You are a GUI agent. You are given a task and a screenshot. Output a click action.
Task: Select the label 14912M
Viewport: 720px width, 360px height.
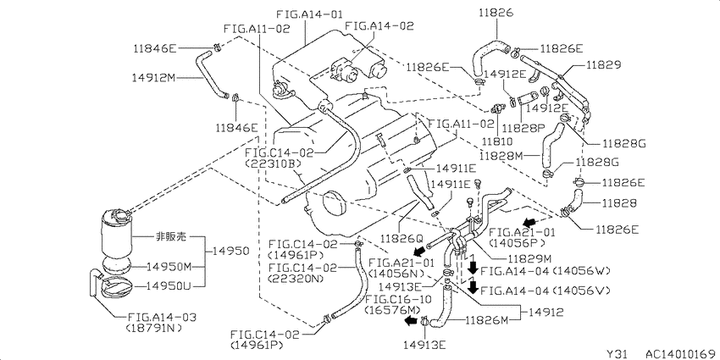(155, 78)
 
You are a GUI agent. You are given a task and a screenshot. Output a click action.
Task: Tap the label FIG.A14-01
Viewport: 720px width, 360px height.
(309, 14)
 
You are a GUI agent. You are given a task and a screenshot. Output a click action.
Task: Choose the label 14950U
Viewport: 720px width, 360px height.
(168, 285)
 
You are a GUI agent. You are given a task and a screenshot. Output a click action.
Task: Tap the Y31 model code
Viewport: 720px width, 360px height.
(617, 354)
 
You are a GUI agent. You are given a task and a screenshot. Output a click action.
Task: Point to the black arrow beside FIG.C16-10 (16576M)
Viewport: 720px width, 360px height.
(410, 321)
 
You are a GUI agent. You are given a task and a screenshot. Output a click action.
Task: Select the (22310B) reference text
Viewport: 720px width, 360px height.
(274, 163)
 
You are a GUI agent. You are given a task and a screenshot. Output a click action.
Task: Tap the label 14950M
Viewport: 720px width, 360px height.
(169, 266)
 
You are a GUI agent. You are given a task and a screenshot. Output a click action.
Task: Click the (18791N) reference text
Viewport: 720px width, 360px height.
(153, 328)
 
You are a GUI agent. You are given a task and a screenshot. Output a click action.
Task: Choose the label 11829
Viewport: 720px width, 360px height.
(603, 64)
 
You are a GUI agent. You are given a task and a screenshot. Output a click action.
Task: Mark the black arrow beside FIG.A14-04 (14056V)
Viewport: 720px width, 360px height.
(473, 287)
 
